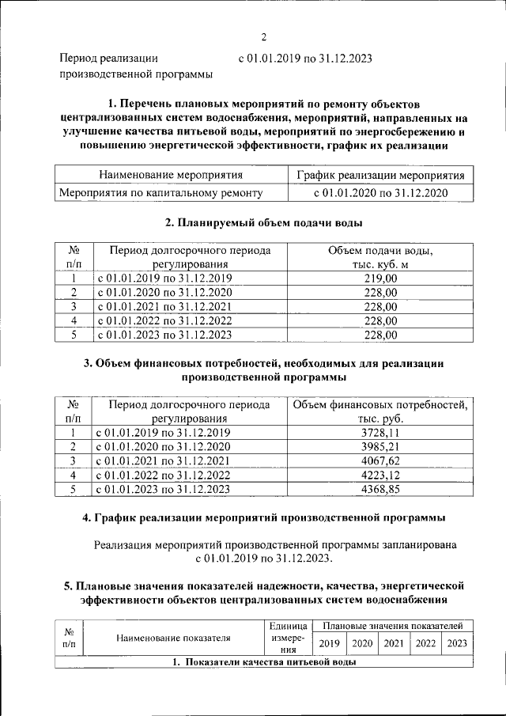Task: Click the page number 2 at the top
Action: tap(264, 37)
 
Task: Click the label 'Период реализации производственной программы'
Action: tap(136, 66)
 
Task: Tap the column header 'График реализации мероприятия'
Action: tap(380, 175)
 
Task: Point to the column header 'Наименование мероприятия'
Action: tap(170, 175)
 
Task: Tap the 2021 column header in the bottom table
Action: tap(394, 643)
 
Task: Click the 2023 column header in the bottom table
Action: tap(457, 643)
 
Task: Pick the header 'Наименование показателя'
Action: tap(173, 637)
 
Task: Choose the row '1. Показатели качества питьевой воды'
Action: tap(263, 662)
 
